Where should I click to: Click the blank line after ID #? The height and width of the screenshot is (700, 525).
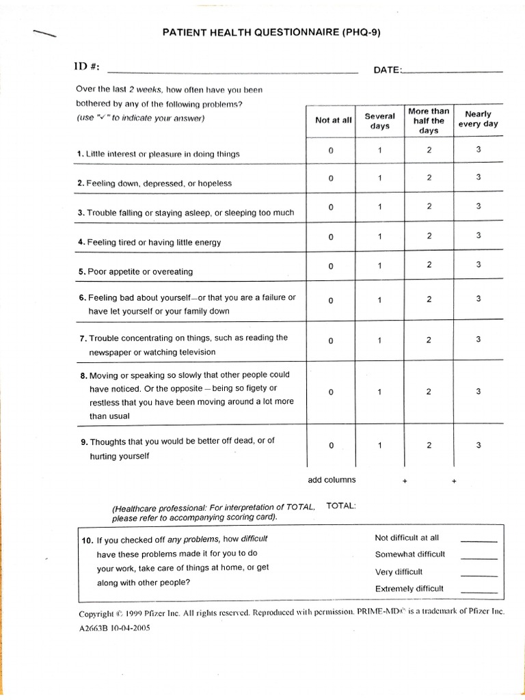pos(232,70)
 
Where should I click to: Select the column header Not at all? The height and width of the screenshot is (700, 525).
pos(333,120)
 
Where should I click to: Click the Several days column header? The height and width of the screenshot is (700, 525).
pos(379,121)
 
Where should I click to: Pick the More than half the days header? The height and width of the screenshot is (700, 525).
pos(429,120)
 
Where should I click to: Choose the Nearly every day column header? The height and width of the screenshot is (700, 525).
pos(481,119)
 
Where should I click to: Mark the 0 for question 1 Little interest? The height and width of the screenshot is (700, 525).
pos(330,151)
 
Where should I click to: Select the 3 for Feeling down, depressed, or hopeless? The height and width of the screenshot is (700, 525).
pos(479,177)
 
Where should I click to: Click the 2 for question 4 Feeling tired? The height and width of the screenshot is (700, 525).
pos(429,236)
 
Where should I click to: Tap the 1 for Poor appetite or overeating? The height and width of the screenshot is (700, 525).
pos(379,266)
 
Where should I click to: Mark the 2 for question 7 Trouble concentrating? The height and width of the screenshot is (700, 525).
pos(429,340)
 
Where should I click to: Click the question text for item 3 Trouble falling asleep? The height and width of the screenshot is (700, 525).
pos(186,213)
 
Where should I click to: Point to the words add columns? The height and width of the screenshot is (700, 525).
pos(332,480)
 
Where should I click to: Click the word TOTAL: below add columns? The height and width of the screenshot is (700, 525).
pos(341,506)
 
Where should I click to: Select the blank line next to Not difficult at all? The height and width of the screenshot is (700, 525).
pos(479,540)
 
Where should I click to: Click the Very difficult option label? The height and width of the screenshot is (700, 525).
pos(399,571)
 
